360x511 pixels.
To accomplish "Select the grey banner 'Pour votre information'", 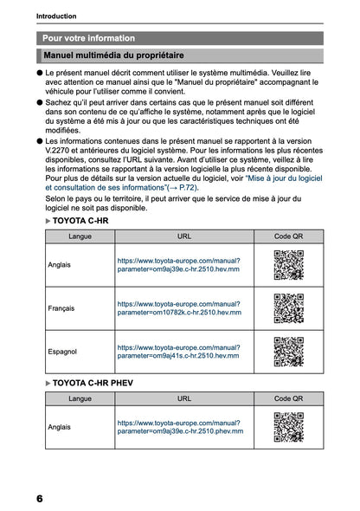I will pyautogui.click(x=89, y=38).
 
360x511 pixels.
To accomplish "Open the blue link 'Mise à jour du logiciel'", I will pyautogui.click(x=285, y=177).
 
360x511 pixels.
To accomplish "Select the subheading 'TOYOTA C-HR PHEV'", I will pyautogui.click(x=93, y=382).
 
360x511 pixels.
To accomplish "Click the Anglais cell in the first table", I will pyautogui.click(x=60, y=264).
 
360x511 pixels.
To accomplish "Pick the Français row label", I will pyautogui.click(x=61, y=308).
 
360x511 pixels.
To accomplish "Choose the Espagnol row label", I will pyautogui.click(x=61, y=352).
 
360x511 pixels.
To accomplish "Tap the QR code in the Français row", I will pyautogui.click(x=288, y=308).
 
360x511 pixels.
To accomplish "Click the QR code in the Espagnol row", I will pyautogui.click(x=288, y=352).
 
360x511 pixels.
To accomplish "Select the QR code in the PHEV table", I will pyautogui.click(x=288, y=427).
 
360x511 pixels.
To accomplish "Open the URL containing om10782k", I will pyautogui.click(x=178, y=308).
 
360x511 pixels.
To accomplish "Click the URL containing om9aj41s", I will pyautogui.click(x=178, y=352).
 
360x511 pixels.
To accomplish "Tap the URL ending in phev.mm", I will pyautogui.click(x=180, y=427).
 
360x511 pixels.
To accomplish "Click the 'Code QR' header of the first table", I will pyautogui.click(x=288, y=236).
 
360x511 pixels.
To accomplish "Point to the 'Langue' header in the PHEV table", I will pyautogui.click(x=80, y=398).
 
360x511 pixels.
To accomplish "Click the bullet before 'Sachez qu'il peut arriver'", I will pyautogui.click(x=40, y=101).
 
